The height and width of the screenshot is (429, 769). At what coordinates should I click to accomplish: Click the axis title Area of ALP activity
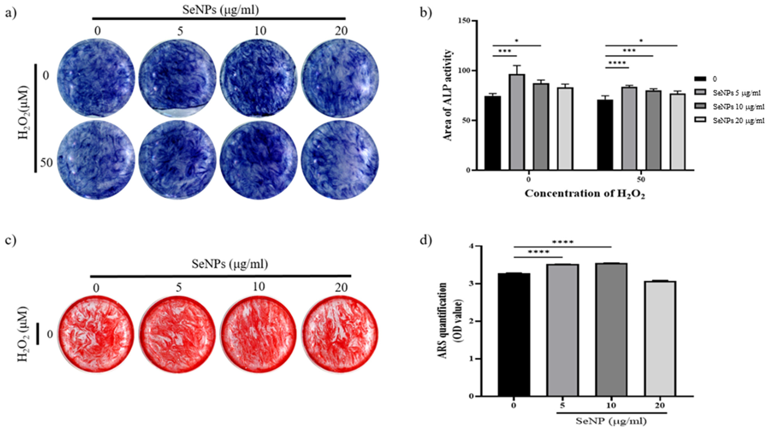[x=448, y=95]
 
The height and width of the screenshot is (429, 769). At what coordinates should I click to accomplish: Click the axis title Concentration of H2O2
[x=585, y=194]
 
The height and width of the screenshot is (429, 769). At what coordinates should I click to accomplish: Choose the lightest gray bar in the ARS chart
[x=660, y=338]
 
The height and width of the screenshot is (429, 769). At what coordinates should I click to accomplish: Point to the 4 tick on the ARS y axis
[x=471, y=246]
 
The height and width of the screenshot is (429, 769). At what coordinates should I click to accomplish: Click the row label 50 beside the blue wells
[x=46, y=163]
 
